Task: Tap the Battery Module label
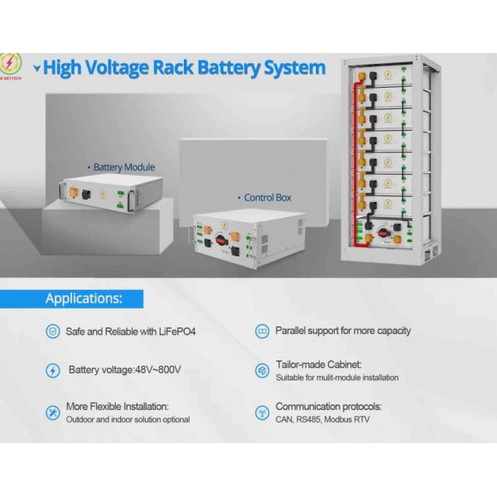(x=123, y=166)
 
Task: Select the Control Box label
(x=267, y=198)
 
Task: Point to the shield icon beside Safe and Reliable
(x=52, y=331)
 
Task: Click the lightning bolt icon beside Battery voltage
(x=52, y=370)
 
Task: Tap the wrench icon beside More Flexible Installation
(x=52, y=412)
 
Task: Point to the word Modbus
(x=341, y=419)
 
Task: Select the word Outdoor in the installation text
(x=81, y=419)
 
